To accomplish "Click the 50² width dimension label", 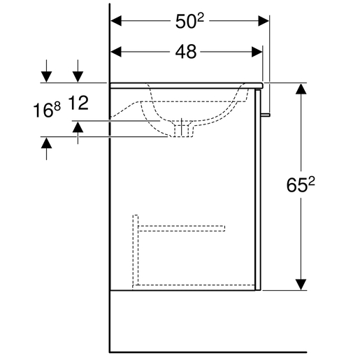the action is pos(189,21).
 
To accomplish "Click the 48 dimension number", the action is pos(186,52).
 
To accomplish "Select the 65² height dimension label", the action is pos(301,185).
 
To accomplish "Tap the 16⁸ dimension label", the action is pos(47,110).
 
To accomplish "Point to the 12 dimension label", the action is pos(78,103).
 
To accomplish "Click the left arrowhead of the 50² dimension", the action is pos(116,21).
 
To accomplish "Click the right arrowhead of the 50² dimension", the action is pos(264,21).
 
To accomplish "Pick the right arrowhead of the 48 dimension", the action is pos(257,52).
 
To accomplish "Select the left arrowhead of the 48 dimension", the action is pos(116,52).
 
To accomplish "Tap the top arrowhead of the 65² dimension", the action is pos(301,89).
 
